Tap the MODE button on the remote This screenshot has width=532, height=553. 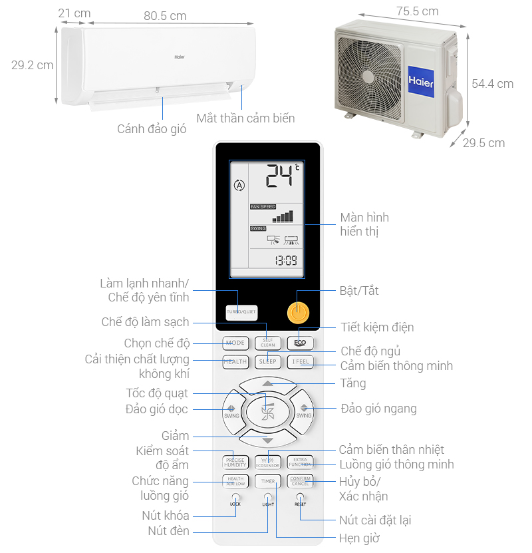[235, 343]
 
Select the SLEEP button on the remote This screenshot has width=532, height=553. [267, 362]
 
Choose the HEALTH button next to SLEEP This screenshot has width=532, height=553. [235, 362]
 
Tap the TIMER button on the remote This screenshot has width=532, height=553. [267, 480]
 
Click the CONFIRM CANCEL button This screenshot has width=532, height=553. [300, 480]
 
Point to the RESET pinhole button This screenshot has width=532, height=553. [300, 496]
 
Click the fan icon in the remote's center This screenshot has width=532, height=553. [267, 412]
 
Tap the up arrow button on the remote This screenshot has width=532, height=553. [267, 384]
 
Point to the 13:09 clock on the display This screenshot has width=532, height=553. [286, 260]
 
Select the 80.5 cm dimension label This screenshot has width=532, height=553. [165, 15]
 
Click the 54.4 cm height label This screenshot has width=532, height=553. [492, 84]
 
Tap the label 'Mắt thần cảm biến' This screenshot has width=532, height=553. [245, 118]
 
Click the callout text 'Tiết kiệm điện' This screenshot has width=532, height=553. [377, 327]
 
